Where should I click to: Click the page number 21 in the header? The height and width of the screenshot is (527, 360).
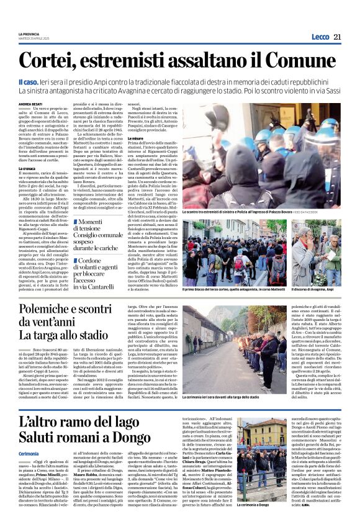pyautogui.click(x=338, y=37)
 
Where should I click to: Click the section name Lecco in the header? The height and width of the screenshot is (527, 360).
pyautogui.click(x=320, y=37)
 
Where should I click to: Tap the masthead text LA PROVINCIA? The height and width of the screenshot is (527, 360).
pyautogui.click(x=29, y=34)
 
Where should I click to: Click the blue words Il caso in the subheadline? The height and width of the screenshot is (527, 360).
pyautogui.click(x=29, y=82)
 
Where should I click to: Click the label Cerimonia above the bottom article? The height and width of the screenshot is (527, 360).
pyautogui.click(x=29, y=455)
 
